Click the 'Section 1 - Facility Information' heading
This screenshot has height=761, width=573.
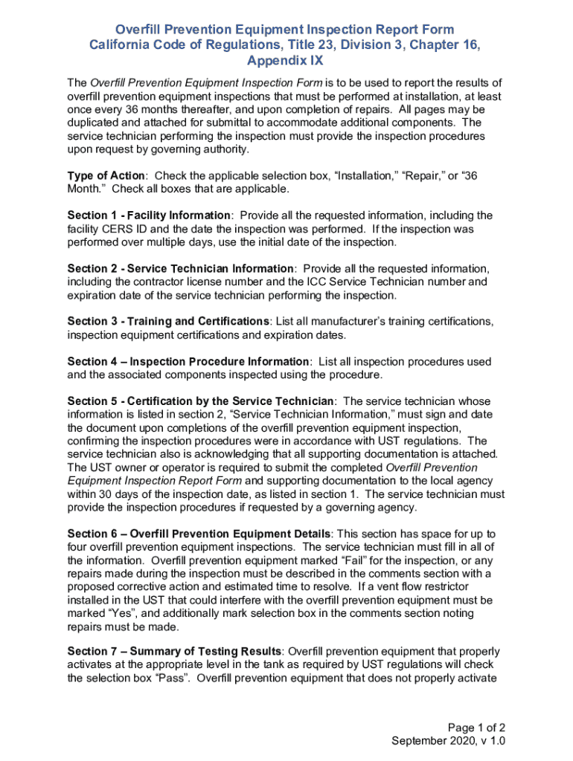[x=149, y=216]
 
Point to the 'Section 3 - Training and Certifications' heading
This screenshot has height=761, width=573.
[x=169, y=321]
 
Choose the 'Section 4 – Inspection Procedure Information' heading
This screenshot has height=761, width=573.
[x=188, y=361]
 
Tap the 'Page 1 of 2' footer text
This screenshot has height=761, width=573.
[x=477, y=728]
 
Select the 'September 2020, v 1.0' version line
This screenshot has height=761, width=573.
[x=449, y=742]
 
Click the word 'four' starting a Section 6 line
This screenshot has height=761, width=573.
[x=77, y=548]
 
